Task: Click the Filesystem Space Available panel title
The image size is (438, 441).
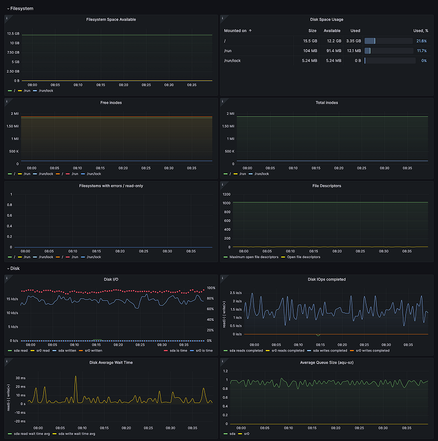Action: tap(111, 19)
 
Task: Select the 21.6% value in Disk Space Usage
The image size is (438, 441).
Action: tap(421, 41)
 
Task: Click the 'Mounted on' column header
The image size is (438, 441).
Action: tap(236, 31)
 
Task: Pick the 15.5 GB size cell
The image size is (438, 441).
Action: tap(310, 41)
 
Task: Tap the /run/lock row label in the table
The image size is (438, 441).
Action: tap(232, 61)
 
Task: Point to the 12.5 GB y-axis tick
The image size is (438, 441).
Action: tap(13, 34)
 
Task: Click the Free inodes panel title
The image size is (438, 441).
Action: tap(111, 103)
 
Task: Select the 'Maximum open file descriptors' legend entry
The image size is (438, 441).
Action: tap(250, 257)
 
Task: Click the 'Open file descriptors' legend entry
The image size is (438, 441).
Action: tap(303, 257)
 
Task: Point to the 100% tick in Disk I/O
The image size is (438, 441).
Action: tap(210, 288)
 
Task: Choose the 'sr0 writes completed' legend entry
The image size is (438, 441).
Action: tap(372, 350)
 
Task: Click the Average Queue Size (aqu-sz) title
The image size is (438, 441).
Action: tap(327, 363)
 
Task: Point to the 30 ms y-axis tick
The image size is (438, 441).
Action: tap(21, 378)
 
